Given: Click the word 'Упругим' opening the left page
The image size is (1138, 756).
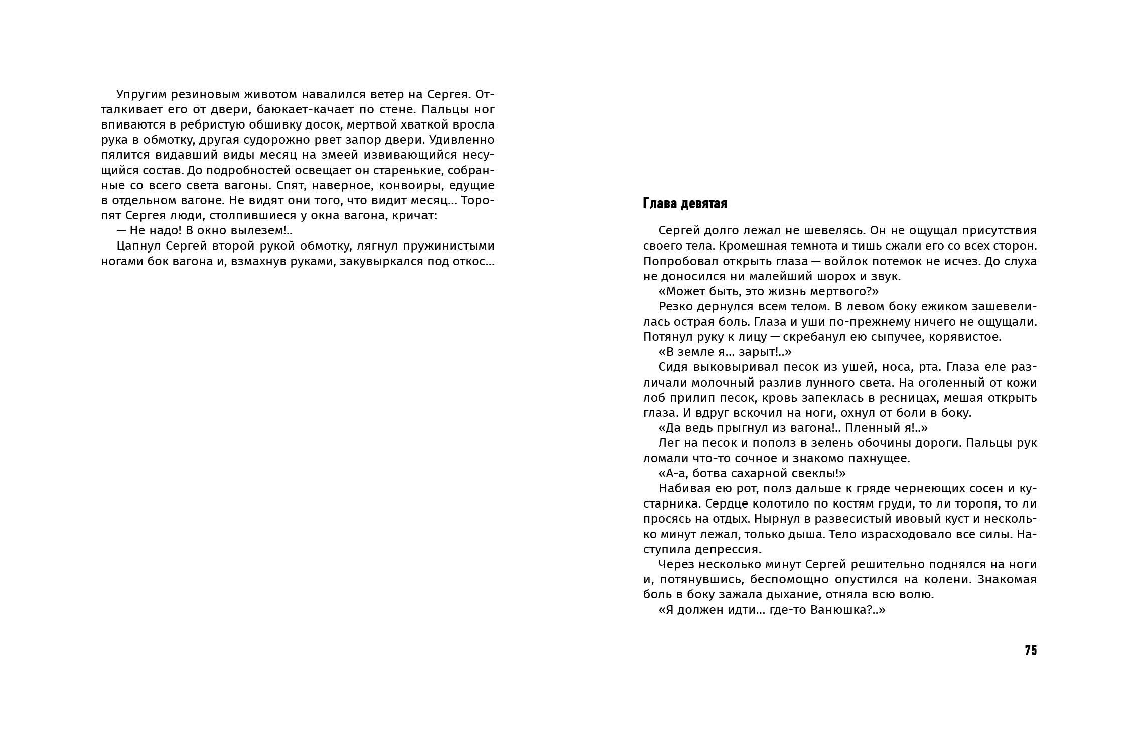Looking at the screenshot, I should click(x=141, y=95).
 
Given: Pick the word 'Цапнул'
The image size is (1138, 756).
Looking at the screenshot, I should click(x=137, y=246).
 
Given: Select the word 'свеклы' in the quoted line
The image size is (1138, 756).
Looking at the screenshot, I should click(x=807, y=473).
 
